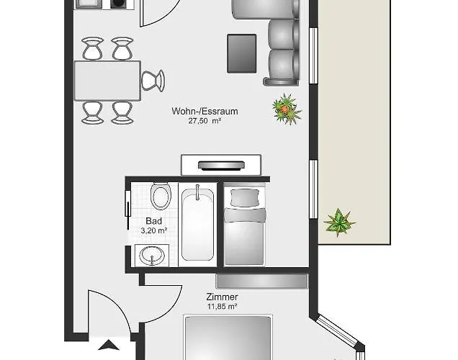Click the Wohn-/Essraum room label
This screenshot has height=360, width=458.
(x=205, y=112)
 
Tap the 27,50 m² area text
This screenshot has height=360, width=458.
(x=205, y=121)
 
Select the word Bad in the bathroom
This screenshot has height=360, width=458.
(x=153, y=221)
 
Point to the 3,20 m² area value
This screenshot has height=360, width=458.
(x=153, y=230)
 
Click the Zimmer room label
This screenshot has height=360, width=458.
(x=222, y=297)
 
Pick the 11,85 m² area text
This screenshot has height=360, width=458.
(x=222, y=307)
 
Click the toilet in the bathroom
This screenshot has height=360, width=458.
(x=161, y=196)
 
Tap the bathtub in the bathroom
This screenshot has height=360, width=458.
(x=198, y=224)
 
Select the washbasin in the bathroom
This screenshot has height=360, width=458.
(x=152, y=256)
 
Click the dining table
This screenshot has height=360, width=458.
(x=107, y=81)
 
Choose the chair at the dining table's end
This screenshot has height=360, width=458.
(x=153, y=81)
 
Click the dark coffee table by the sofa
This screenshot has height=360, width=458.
(x=242, y=53)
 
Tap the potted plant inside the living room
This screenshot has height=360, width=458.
(x=287, y=109)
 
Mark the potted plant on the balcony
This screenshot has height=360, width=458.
(x=339, y=222)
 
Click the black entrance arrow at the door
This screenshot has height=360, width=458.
(x=109, y=345)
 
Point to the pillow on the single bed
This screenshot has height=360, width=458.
(x=245, y=197)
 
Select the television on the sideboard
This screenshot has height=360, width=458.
(x=221, y=166)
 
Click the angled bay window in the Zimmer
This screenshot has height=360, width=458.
(x=337, y=330)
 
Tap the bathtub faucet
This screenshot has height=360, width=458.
(x=197, y=192)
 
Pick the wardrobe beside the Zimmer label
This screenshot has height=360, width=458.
(x=262, y=281)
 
